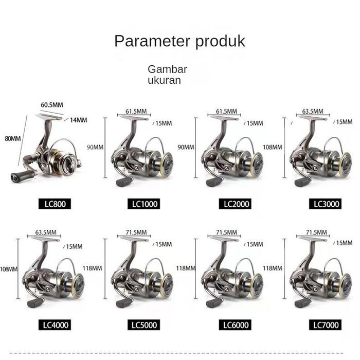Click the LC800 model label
[x=53, y=204]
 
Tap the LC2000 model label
[x=237, y=204]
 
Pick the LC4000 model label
[x=53, y=325]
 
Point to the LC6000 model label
[x=237, y=325]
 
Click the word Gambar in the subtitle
[x=167, y=69]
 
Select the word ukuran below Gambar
[x=164, y=81]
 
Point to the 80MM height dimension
[x=12, y=139]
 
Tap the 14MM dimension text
[x=79, y=120]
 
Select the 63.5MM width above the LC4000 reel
[x=46, y=232]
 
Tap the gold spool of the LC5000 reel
[x=166, y=282]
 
